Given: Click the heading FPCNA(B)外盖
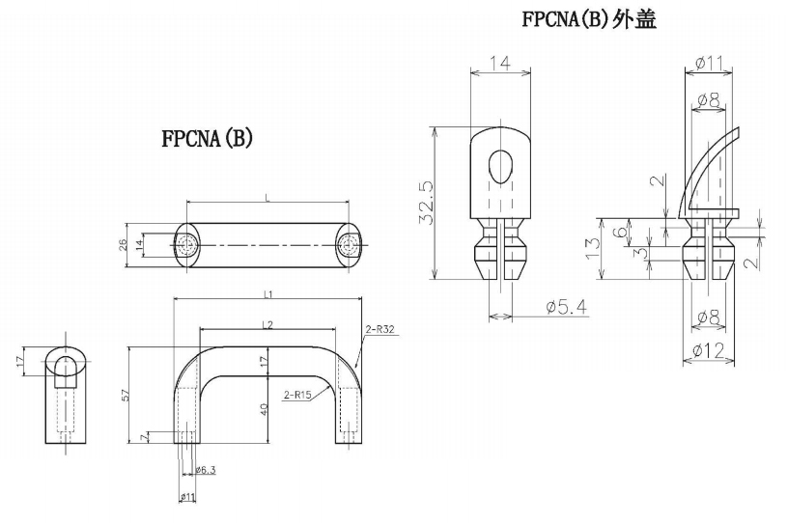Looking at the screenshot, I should coord(589,19).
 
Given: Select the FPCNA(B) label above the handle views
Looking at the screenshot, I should coord(207,138).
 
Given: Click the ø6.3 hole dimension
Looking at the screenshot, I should coord(206,470).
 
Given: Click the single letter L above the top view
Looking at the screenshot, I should coord(267,197).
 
